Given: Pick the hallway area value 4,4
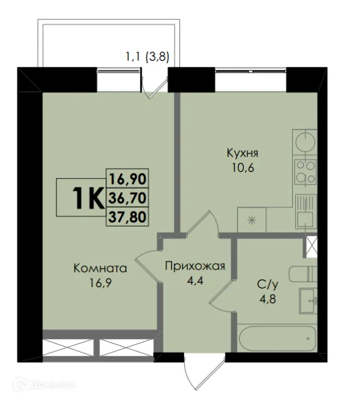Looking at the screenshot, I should (x=194, y=281).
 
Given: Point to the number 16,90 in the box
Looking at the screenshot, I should (x=128, y=178).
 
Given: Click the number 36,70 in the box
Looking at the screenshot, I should (x=128, y=197).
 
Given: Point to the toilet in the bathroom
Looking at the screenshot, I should (x=304, y=274).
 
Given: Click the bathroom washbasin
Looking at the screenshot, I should (x=308, y=300).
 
